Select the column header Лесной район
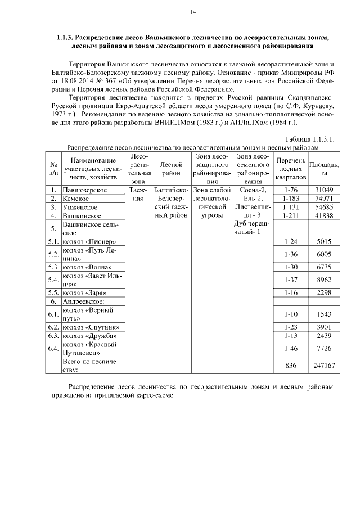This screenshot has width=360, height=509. click(x=170, y=165)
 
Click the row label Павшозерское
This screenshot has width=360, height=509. click(x=85, y=190)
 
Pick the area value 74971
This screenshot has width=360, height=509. click(x=325, y=199)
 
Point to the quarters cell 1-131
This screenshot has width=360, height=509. click(x=291, y=207)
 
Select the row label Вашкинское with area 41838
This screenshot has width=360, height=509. click(x=82, y=215)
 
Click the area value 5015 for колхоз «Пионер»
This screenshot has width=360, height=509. click(x=325, y=241)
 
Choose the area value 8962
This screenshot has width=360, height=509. click(x=325, y=279)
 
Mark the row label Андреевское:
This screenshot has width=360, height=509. click(x=84, y=301)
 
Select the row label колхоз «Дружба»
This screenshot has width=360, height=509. click(x=89, y=336)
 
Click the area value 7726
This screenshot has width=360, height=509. click(x=325, y=349)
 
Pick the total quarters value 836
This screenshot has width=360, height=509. click(x=291, y=366)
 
